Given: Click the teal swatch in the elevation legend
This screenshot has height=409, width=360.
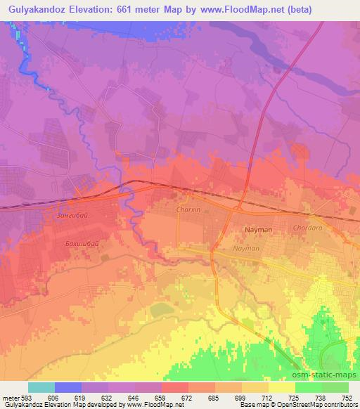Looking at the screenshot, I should point(41,387).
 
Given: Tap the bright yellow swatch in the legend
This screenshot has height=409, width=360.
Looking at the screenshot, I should point(282,387).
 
